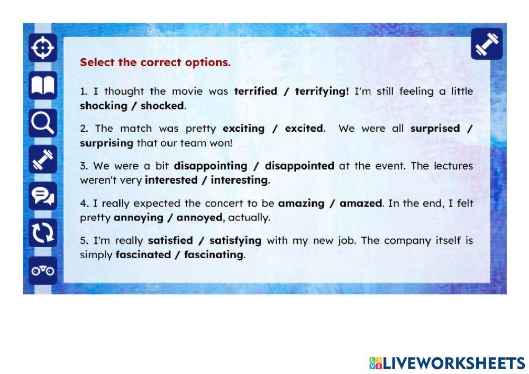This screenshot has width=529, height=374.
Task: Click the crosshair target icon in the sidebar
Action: coord(43,49)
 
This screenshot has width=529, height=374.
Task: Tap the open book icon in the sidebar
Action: coord(43,86)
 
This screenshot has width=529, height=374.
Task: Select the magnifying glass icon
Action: coord(43,123)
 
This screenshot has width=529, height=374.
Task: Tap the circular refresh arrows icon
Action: coord(43,233)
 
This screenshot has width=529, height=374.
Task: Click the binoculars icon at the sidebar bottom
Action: coord(43,270)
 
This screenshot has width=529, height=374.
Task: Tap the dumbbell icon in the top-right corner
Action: coord(487,44)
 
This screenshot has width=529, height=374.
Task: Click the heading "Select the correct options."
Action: coord(155,62)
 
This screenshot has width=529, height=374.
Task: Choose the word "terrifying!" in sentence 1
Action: coord(322,91)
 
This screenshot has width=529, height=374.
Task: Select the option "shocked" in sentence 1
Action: coord(162,105)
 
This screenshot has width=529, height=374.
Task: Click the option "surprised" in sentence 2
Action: coord(435,128)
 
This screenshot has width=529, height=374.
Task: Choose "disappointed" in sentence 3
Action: coord(299,166)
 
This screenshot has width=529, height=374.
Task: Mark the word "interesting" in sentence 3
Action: coord(239,180)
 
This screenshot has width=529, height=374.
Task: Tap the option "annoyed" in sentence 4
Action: coord(199,217)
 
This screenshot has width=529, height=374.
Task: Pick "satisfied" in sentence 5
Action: coord(170,241)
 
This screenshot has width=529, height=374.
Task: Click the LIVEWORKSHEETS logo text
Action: coord(447,363)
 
